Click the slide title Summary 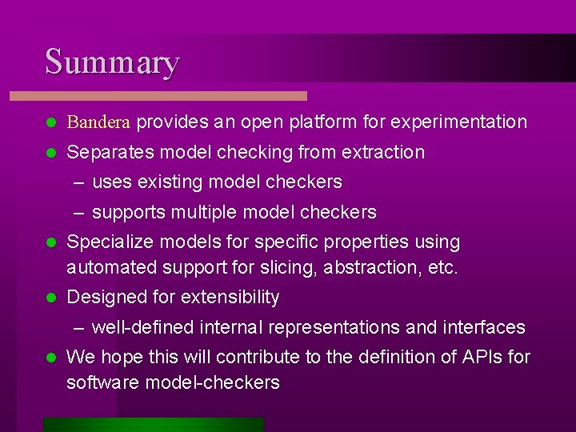point(112,62)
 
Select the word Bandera point(100,122)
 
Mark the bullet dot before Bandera point(50,123)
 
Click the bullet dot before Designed point(50,298)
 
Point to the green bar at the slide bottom point(153,424)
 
